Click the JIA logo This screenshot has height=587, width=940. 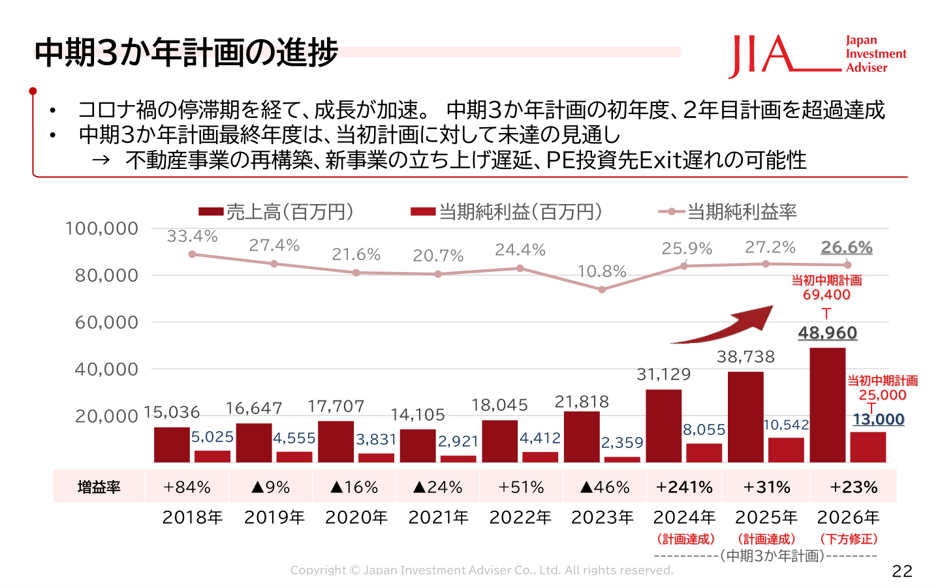click(817, 56)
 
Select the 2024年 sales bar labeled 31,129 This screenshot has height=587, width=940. click(663, 426)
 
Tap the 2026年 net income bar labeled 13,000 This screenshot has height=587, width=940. click(868, 447)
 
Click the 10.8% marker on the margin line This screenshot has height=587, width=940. click(602, 290)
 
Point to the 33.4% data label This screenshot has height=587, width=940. click(192, 237)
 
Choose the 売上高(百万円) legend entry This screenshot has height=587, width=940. click(276, 212)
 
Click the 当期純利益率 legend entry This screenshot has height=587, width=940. click(727, 212)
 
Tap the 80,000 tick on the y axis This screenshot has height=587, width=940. click(106, 276)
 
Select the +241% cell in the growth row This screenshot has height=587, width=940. click(684, 487)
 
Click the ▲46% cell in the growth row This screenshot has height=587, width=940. click(604, 487)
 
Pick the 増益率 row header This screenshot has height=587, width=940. click(99, 487)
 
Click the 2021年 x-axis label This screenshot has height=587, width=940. click(438, 518)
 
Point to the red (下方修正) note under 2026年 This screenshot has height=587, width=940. click(849, 539)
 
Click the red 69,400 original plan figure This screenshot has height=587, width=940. click(826, 295)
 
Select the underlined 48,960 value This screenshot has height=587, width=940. click(828, 333)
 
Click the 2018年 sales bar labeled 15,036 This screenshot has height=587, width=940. click(172, 445)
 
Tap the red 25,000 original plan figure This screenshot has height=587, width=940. click(882, 395)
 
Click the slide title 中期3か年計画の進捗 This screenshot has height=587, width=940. click(186, 52)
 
